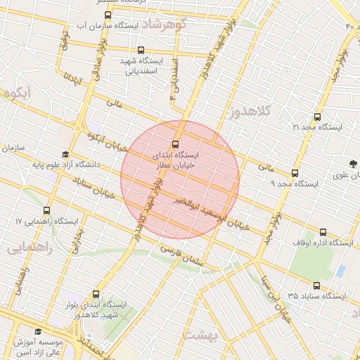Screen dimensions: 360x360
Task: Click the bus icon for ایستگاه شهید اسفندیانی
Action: (x=141, y=50)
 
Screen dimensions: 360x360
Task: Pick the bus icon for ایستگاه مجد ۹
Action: (x=295, y=172)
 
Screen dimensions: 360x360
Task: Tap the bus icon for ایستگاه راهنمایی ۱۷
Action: (x=47, y=210)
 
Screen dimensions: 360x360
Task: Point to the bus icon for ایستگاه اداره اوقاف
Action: (x=323, y=233)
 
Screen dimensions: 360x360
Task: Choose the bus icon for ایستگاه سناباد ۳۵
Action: (x=317, y=285)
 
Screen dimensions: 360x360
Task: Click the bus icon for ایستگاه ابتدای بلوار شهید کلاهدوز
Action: (x=96, y=294)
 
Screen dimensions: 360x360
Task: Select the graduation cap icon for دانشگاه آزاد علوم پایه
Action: (x=65, y=154)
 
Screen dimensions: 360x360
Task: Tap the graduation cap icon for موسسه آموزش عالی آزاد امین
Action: (x=37, y=332)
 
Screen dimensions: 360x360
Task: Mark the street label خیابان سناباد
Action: (x=94, y=187)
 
